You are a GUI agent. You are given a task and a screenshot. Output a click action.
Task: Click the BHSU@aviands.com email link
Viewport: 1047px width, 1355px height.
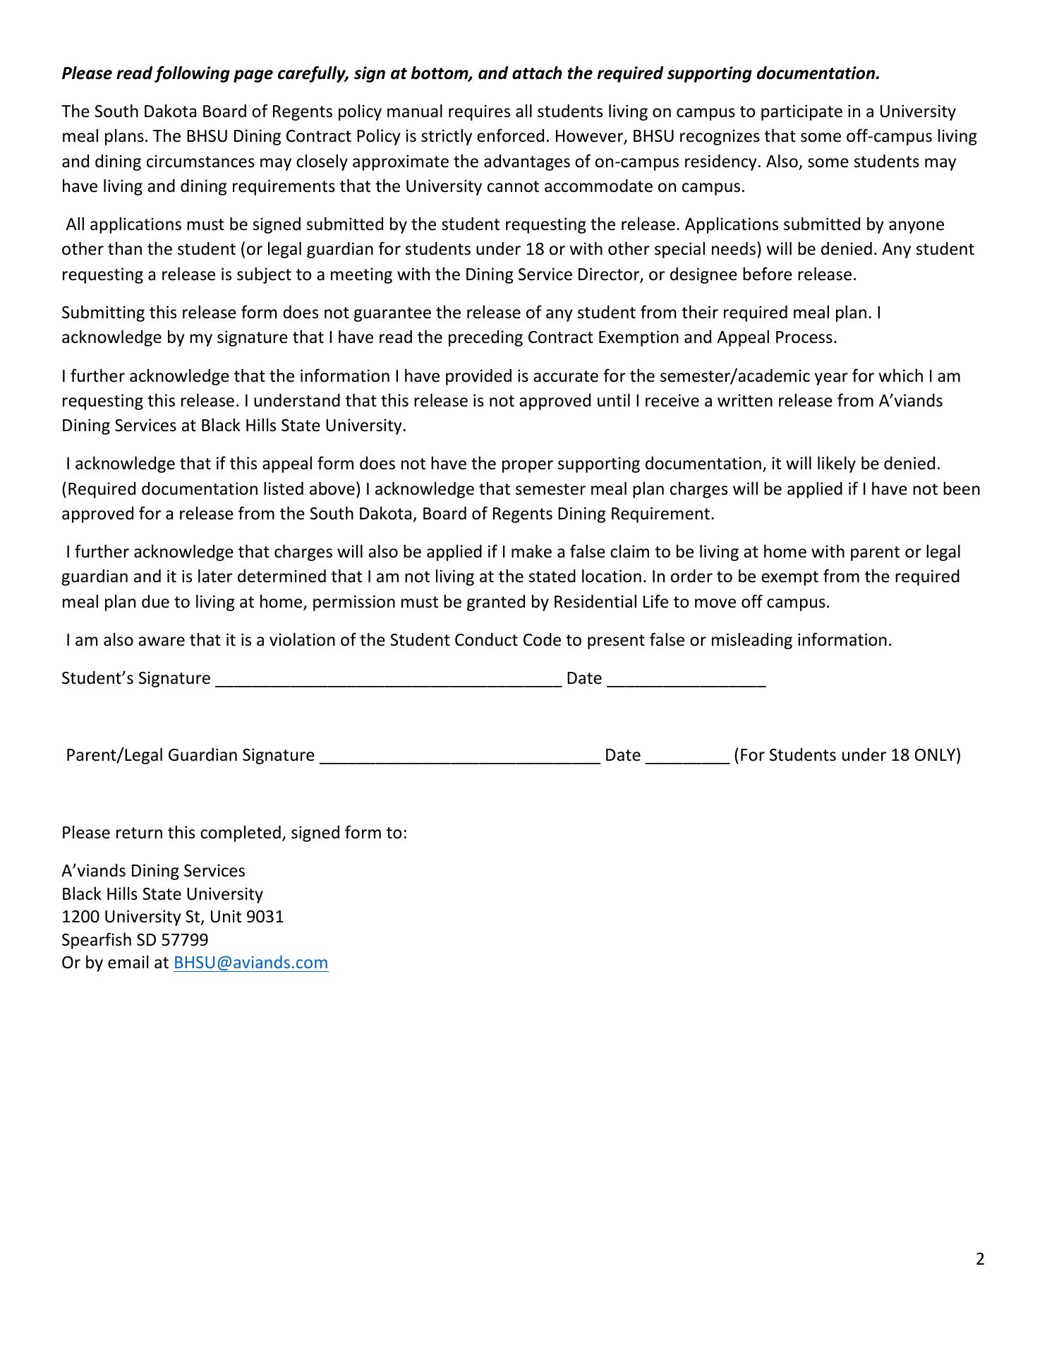[250, 963]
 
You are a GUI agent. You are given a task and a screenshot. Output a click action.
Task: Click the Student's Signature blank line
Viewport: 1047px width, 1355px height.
[388, 680]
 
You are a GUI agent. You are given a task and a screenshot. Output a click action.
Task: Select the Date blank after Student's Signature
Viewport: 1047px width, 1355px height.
[686, 680]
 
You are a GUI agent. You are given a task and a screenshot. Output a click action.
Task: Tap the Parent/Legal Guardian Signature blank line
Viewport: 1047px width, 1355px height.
[460, 757]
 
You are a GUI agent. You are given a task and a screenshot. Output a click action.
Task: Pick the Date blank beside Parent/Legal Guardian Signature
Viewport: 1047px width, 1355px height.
[687, 757]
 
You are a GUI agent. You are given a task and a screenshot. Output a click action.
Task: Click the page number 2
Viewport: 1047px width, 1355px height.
[980, 1259]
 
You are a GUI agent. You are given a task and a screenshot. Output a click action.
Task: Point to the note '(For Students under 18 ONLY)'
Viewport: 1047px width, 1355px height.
[847, 755]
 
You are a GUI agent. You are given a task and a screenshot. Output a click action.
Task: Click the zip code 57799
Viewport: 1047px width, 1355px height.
[185, 940]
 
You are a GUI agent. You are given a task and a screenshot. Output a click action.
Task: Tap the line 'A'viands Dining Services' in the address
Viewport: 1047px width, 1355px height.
[153, 871]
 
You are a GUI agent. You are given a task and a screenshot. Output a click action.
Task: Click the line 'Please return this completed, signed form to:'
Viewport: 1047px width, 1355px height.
[234, 833]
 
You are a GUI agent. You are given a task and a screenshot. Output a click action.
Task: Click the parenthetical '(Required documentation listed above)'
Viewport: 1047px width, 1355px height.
[211, 489]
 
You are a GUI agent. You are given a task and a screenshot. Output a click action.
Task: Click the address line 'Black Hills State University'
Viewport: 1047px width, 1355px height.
[162, 894]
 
